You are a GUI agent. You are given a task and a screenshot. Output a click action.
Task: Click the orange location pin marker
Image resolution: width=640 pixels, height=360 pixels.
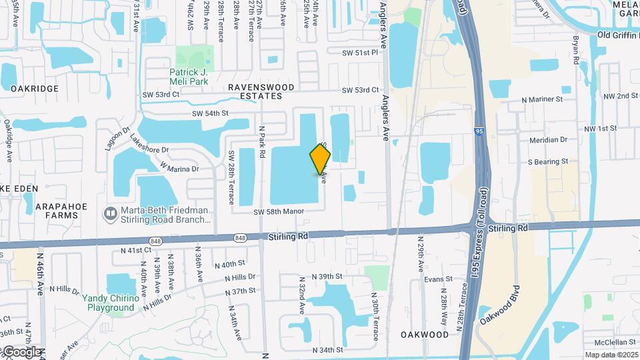tap(320, 159)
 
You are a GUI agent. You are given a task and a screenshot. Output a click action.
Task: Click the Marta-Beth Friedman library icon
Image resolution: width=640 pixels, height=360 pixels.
tap(109, 214)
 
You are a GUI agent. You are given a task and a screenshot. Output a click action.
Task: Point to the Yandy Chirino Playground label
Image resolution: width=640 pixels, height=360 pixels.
tap(111, 303)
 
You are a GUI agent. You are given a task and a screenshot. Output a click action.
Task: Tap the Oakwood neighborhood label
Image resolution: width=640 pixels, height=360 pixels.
tap(425, 334)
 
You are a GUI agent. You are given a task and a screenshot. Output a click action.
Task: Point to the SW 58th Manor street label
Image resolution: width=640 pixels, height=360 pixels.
tap(278, 211)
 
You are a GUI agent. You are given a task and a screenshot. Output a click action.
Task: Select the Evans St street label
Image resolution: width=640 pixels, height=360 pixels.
tap(439, 279)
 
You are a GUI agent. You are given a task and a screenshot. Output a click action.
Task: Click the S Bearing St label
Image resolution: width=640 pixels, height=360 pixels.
tap(547, 161)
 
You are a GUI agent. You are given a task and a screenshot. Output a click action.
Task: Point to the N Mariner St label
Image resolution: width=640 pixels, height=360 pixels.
tap(542, 99)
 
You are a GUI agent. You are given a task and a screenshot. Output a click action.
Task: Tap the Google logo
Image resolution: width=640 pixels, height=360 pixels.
tap(21, 351)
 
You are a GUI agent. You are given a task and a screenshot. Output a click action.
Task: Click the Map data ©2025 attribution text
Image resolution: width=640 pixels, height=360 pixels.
tap(611, 355)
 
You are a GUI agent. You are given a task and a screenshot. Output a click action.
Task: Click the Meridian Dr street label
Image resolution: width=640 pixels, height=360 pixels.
tap(547, 140)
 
